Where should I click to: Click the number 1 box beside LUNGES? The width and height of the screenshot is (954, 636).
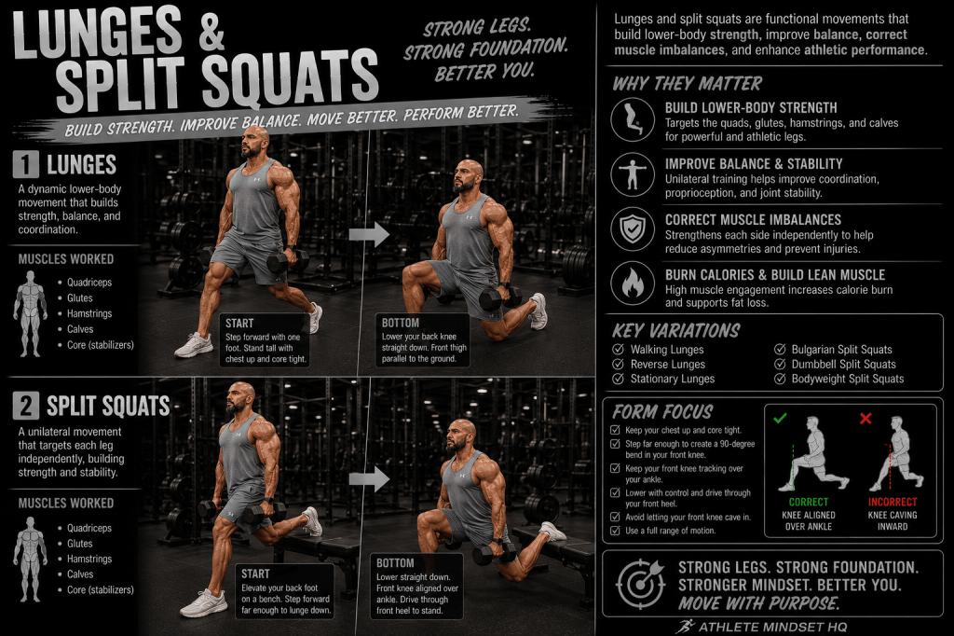[x=25, y=164]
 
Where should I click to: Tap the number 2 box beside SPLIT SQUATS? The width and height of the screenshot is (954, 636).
[x=25, y=406]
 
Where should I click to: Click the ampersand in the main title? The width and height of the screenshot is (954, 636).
[x=211, y=33]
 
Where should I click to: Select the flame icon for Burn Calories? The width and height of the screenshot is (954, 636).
[x=633, y=283]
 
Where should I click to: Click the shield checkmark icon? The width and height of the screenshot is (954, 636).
[x=633, y=229]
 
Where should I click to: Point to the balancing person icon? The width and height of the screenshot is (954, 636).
[x=633, y=174]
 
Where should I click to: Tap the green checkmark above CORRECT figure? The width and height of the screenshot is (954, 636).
[x=780, y=418]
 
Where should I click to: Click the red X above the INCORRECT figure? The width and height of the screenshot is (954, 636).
[x=865, y=418]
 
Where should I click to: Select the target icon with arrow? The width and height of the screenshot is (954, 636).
[x=640, y=584]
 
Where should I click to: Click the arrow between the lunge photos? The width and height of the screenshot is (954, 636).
[x=369, y=234]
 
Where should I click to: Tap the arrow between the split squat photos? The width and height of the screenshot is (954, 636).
[x=369, y=478]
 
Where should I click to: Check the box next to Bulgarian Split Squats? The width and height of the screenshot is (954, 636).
[x=780, y=349]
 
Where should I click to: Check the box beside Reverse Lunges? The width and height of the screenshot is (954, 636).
[x=619, y=364]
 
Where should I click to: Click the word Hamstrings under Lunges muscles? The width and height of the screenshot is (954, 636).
[x=89, y=313]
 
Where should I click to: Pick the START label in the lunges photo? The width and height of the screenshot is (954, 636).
[x=239, y=324]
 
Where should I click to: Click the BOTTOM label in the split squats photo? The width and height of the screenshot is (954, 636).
[x=395, y=563]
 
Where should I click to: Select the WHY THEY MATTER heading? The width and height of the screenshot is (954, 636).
[x=687, y=83]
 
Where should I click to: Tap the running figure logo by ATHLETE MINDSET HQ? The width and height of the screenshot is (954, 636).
[x=685, y=627]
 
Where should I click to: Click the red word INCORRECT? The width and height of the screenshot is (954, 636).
[x=892, y=502]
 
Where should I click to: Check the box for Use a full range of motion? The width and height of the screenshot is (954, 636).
[x=615, y=531]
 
